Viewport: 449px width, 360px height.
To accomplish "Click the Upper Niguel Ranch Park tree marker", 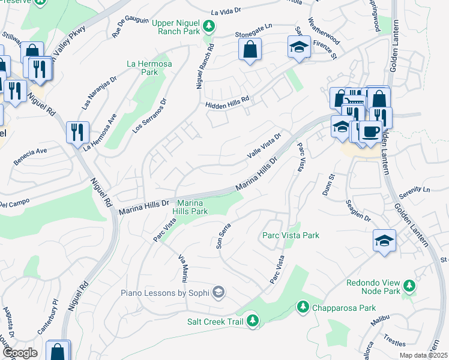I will coord(209,25).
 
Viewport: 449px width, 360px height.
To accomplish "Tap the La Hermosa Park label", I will coord(142,68).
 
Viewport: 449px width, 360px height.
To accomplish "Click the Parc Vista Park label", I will coord(291,236).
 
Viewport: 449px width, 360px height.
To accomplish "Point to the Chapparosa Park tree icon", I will coord(303,308).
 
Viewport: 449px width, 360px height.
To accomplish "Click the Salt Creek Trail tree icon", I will coord(253,320).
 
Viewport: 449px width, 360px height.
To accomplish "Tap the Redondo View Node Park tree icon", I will coord(409,286).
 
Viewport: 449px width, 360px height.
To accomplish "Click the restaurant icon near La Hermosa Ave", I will coord(77,131).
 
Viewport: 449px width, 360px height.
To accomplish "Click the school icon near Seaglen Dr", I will coord(384,239).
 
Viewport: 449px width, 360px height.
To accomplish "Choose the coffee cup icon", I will coord(370,130).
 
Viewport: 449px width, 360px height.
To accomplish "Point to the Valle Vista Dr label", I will coord(265,146).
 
